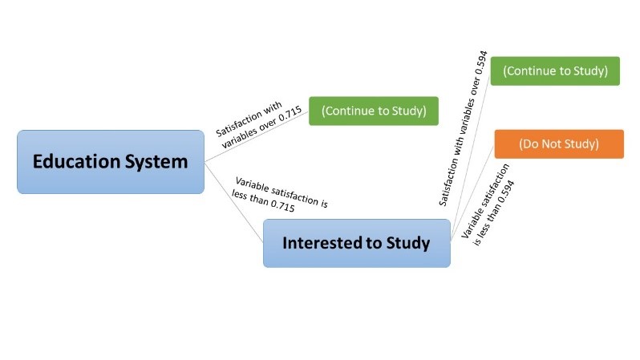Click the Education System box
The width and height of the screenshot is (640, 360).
click(x=111, y=162)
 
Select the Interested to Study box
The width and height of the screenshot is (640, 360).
click(x=356, y=243)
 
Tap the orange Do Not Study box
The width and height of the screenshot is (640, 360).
click(x=558, y=144)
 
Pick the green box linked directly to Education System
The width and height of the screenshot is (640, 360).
click(x=374, y=111)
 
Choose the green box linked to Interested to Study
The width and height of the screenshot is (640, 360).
click(x=555, y=71)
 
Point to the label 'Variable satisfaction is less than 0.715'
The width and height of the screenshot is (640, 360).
click(x=280, y=193)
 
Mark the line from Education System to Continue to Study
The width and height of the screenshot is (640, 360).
click(x=257, y=136)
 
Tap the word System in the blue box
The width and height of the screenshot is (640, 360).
click(x=154, y=162)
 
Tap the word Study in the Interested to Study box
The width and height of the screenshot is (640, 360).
click(x=407, y=243)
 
